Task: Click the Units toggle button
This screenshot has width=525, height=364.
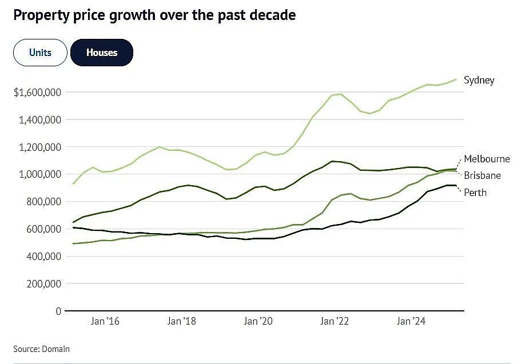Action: pos(40,53)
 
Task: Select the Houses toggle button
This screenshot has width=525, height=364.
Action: pos(102,53)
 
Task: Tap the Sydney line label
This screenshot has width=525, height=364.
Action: pos(479,81)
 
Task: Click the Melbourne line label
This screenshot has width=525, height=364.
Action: pos(487,159)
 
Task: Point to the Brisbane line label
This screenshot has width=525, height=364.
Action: pos(482,175)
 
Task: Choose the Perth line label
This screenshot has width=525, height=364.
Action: pos(475,193)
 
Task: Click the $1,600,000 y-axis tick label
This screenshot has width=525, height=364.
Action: pos(38,93)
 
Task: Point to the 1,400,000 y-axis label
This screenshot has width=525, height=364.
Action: pos(40,120)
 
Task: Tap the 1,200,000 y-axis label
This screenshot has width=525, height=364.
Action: pos(40,147)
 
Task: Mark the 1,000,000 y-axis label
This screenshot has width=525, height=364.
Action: pos(40,174)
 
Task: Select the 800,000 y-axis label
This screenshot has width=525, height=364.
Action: pos(44,202)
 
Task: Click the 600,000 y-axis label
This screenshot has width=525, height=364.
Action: pos(44,229)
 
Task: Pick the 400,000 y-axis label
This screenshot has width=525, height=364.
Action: pos(44,257)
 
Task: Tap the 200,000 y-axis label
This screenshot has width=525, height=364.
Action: pos(44,284)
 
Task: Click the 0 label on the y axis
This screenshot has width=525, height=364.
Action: pos(58,311)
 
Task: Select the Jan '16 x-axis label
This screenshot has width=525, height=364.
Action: pos(105,321)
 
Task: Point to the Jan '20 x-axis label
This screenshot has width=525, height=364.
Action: pos(258,321)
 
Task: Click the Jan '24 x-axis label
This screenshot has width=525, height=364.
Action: pos(411,321)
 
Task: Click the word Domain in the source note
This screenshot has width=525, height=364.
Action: pos(55,349)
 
